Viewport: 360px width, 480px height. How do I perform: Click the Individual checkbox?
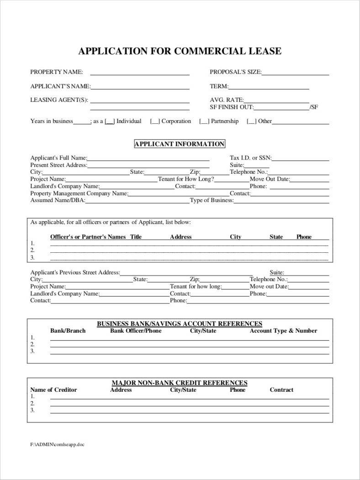point(110,122)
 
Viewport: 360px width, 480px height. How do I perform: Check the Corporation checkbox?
point(155,122)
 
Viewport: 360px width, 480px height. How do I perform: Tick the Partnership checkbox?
point(204,122)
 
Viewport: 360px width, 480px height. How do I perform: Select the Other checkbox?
point(251,122)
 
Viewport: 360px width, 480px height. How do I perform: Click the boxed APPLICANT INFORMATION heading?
point(179,144)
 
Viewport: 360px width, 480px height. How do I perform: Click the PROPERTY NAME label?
point(57,72)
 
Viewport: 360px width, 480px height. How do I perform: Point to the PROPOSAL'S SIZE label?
point(235,72)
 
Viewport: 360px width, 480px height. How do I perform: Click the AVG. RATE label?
point(227,100)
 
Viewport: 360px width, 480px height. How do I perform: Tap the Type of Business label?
point(212,200)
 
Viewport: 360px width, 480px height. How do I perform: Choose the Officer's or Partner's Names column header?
point(88,237)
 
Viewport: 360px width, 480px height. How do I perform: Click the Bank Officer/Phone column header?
point(136,331)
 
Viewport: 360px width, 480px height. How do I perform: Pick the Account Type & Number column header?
point(283,331)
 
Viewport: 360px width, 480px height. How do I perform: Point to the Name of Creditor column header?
point(53,390)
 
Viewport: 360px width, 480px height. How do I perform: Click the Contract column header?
point(281,390)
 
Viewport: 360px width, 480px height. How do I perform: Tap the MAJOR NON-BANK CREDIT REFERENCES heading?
point(180,383)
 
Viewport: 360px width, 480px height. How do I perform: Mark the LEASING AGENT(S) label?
point(59,100)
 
